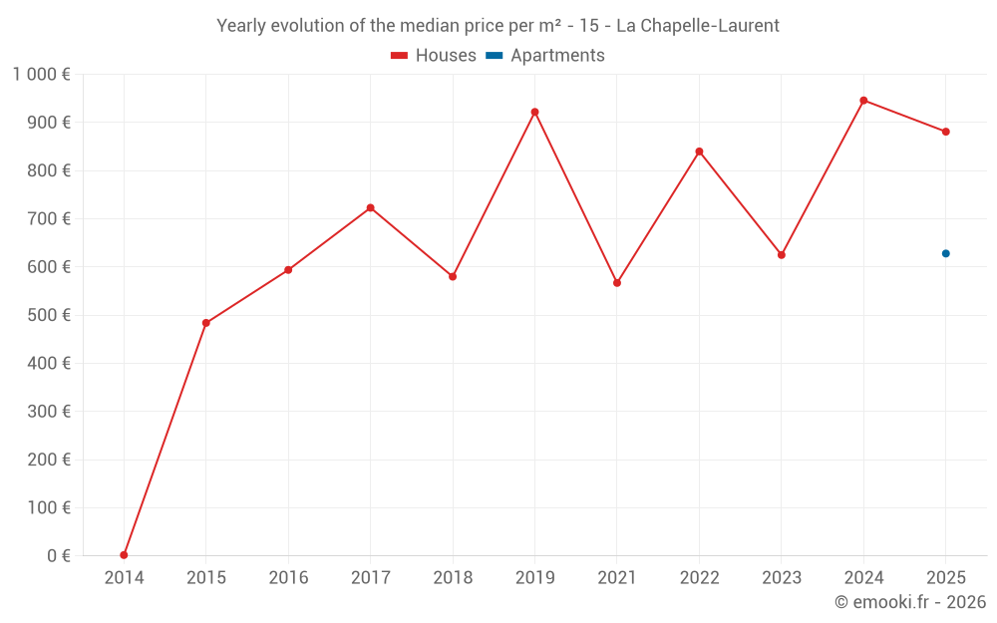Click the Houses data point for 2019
pos(534,112)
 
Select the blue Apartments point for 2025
pos(945,253)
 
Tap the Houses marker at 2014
pos(124,555)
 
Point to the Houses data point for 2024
pos(863,101)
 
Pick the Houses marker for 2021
pos(617,283)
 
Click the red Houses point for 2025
pos(945,132)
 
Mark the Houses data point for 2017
pos(370,207)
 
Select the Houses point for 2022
pos(699,152)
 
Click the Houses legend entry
pos(434,56)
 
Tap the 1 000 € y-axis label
pos(41,74)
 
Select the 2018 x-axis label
pos(453,577)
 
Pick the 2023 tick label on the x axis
pos(781,577)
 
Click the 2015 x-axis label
pos(205,577)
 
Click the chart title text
pos(498,25)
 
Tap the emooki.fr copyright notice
pos(909,602)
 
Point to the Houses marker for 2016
pos(288,270)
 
